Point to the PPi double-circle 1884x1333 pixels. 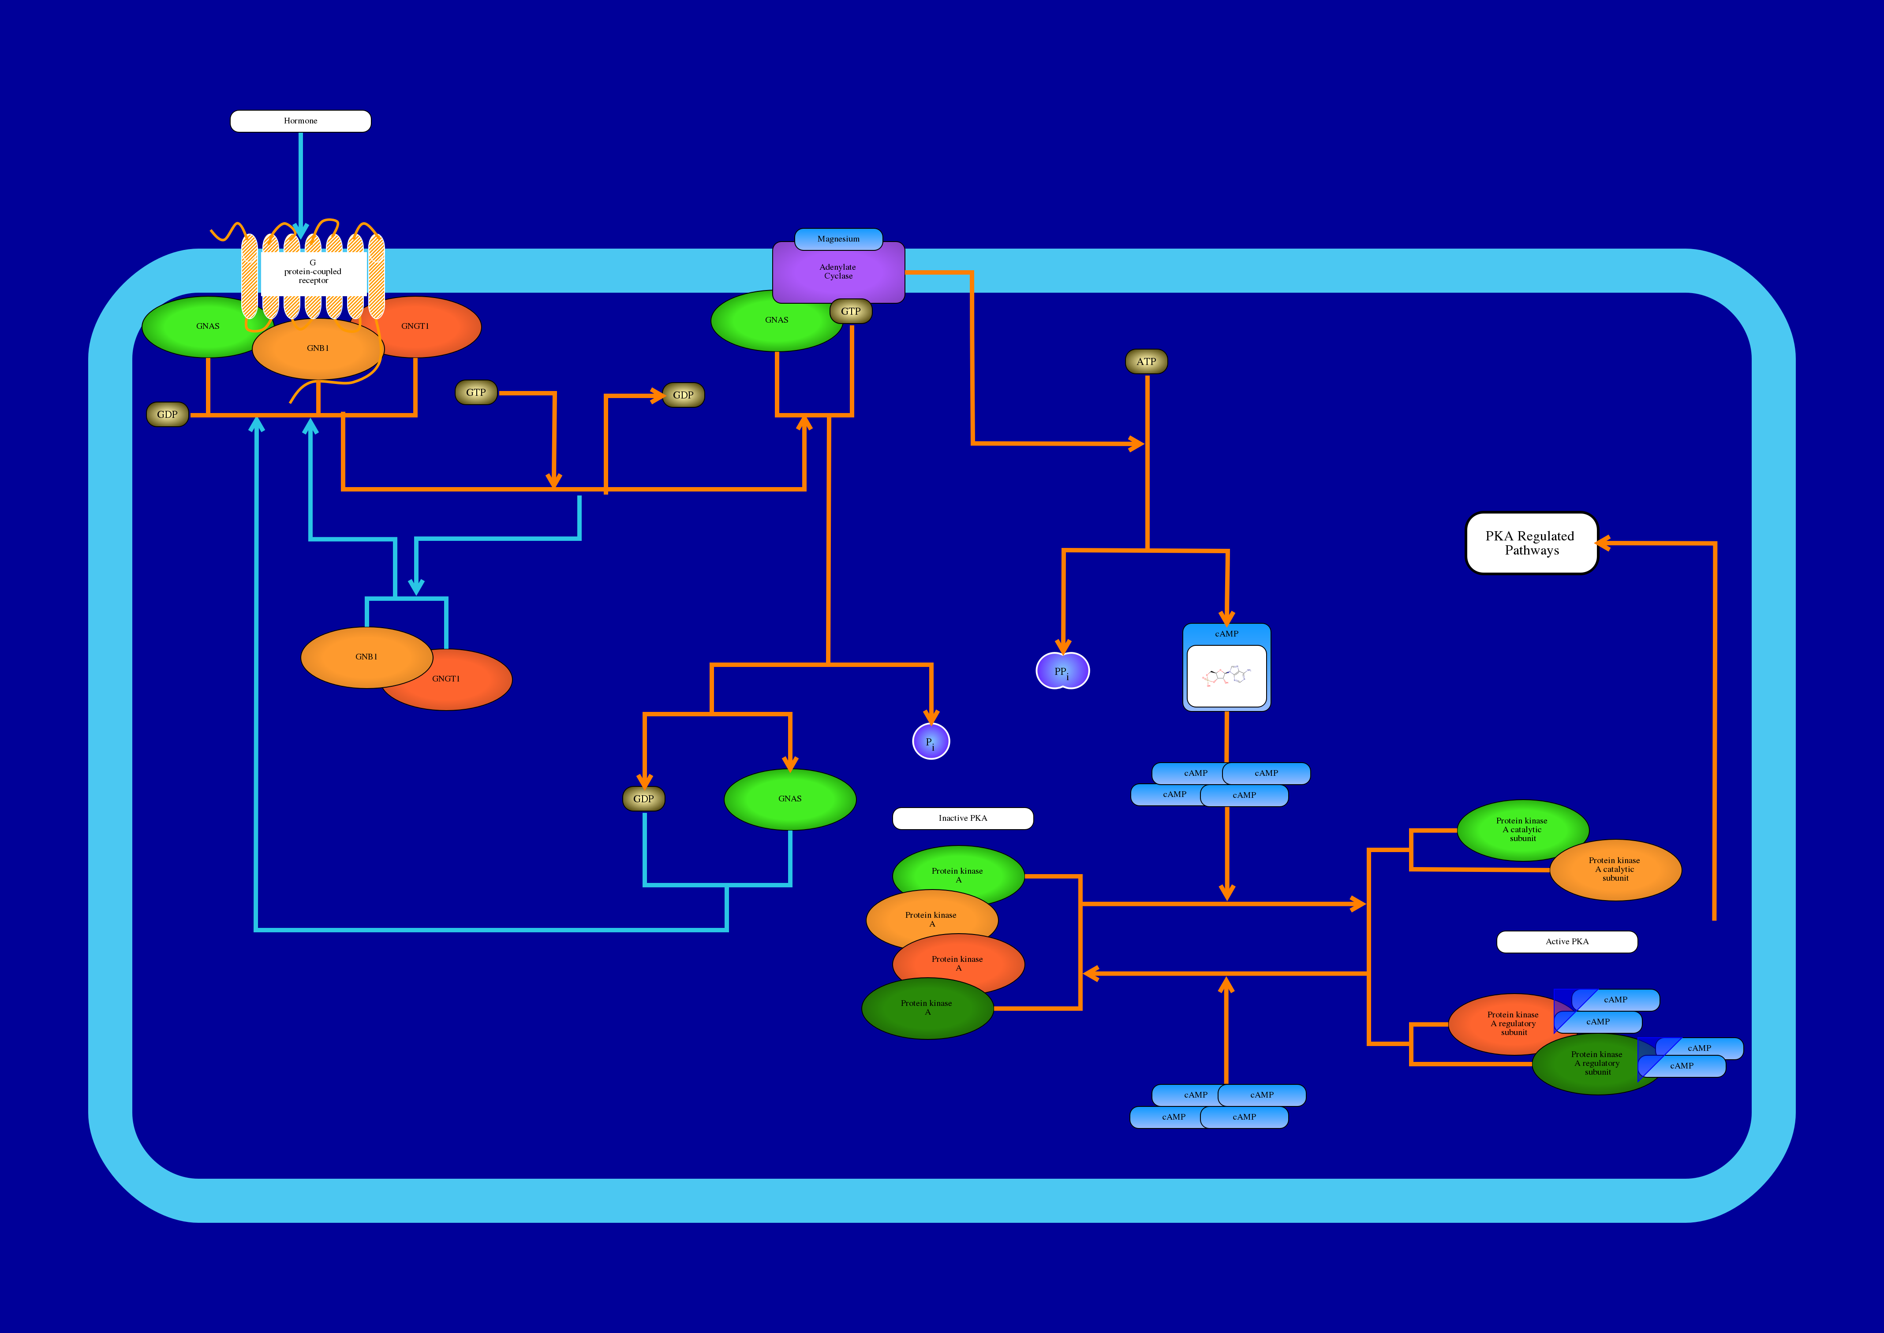1063,671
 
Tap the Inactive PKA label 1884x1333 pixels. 963,818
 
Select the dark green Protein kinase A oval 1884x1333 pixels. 927,1009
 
